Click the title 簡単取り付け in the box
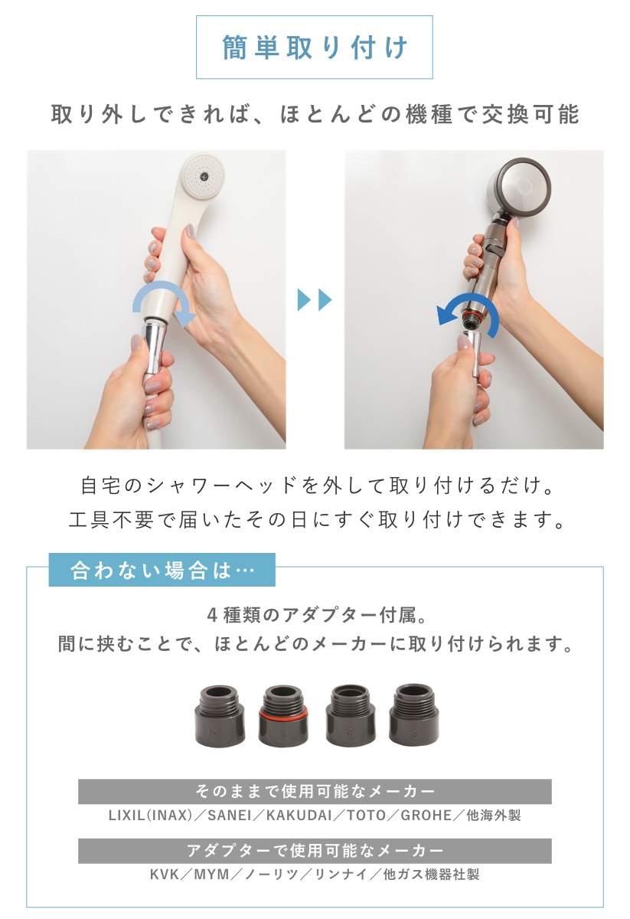pos(315,47)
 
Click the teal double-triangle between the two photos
pos(315,300)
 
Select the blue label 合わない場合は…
pos(162,570)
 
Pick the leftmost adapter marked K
pos(220,716)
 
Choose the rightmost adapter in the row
pos(414,715)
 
